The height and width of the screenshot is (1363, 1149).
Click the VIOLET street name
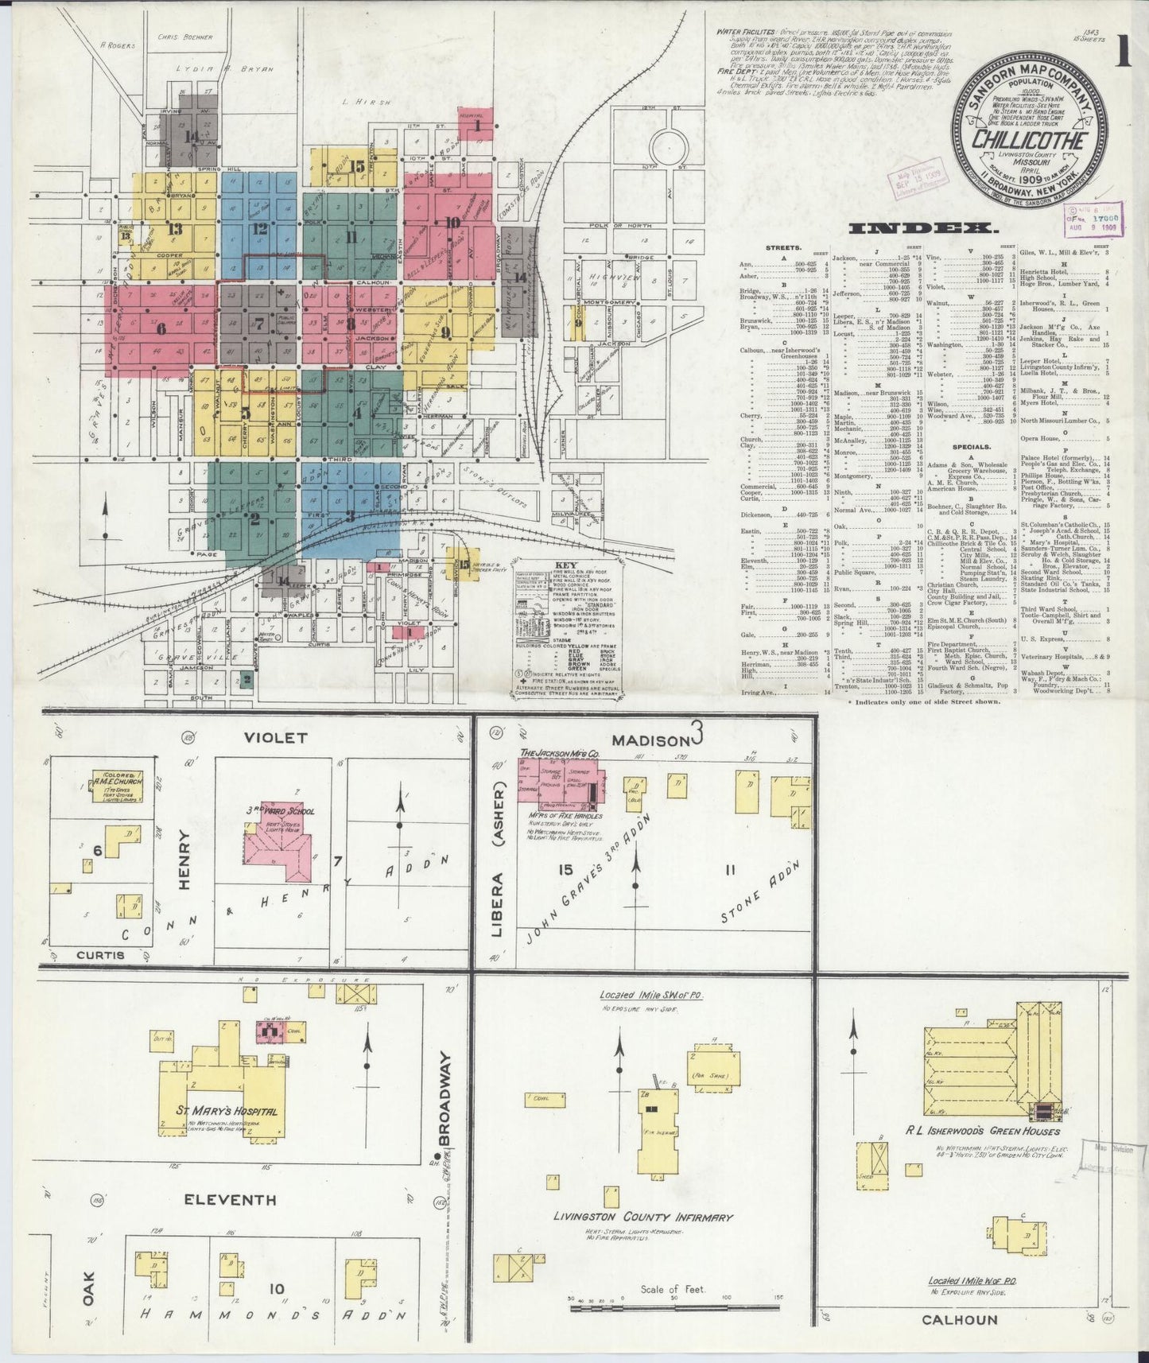tap(275, 737)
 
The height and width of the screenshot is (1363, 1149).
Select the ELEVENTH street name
tap(230, 1199)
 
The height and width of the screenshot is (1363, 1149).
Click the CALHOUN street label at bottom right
tap(960, 1320)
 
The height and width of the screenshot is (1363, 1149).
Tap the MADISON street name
tap(654, 740)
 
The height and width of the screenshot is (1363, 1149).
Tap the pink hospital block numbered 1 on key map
tap(478, 124)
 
